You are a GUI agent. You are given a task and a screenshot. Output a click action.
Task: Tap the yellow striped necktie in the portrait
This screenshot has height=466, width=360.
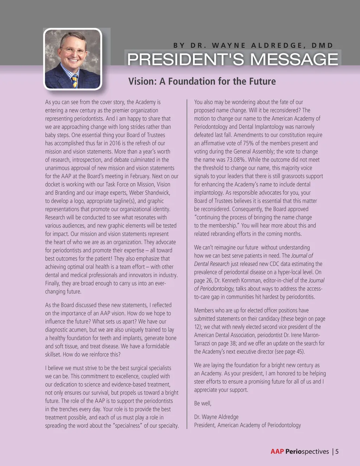click(x=75, y=81)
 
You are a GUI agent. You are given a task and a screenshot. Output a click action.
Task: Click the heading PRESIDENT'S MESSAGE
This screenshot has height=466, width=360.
click(x=232, y=59)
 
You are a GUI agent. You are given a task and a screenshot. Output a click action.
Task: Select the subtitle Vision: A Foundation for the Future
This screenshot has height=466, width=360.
click(x=202, y=81)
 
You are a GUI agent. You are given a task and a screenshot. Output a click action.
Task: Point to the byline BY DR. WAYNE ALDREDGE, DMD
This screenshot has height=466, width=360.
click(x=253, y=45)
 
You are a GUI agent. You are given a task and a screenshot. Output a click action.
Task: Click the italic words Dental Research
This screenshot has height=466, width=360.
click(x=212, y=264)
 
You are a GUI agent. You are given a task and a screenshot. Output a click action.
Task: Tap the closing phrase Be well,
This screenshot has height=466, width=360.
click(x=203, y=403)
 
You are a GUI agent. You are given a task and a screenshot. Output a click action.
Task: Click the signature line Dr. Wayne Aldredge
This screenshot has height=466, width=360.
click(x=216, y=417)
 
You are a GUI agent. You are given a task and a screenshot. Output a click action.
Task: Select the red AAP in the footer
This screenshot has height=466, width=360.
click(x=277, y=452)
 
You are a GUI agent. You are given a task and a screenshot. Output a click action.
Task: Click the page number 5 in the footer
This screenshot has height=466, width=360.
click(x=337, y=452)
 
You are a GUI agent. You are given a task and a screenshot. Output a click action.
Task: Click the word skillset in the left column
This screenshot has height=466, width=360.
click(x=53, y=355)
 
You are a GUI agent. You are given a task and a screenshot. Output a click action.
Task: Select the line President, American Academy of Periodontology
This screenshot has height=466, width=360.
click(x=247, y=425)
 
